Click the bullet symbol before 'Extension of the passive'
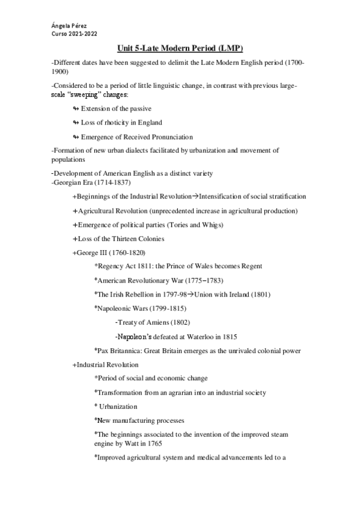click(75, 109)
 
